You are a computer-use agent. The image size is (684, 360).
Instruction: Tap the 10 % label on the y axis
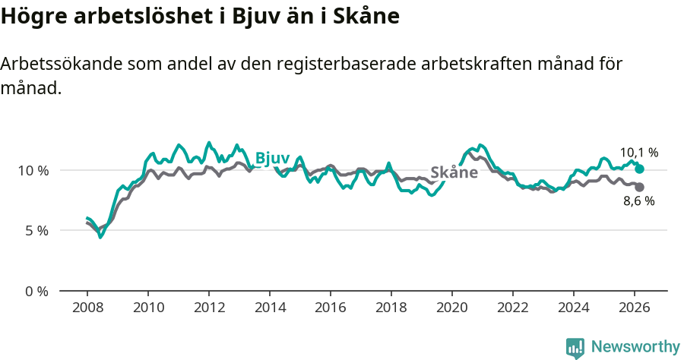click(x=33, y=170)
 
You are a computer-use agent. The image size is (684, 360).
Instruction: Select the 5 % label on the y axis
click(x=36, y=230)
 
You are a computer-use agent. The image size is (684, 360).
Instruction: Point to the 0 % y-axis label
click(x=36, y=291)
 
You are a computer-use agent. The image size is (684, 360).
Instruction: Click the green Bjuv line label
click(x=272, y=158)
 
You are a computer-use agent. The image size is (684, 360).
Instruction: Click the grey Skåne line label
click(x=454, y=172)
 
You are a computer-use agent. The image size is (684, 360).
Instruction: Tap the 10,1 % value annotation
click(x=639, y=153)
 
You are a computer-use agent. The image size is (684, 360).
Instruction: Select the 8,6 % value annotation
click(x=639, y=201)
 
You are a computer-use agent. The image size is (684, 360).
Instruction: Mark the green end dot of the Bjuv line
click(x=640, y=169)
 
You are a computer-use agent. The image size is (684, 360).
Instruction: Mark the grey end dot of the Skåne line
click(x=640, y=187)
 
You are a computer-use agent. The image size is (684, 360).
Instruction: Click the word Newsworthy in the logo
click(x=635, y=347)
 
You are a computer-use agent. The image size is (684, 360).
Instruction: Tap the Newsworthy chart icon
click(x=575, y=348)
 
